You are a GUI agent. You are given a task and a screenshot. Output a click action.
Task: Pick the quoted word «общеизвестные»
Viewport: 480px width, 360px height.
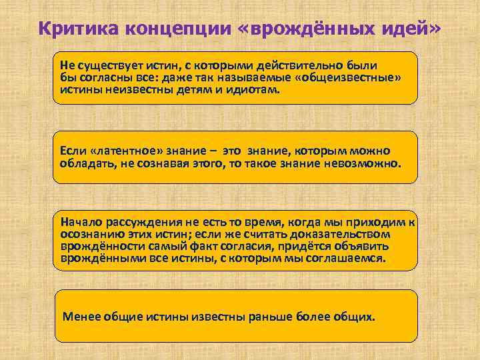[349, 78]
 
